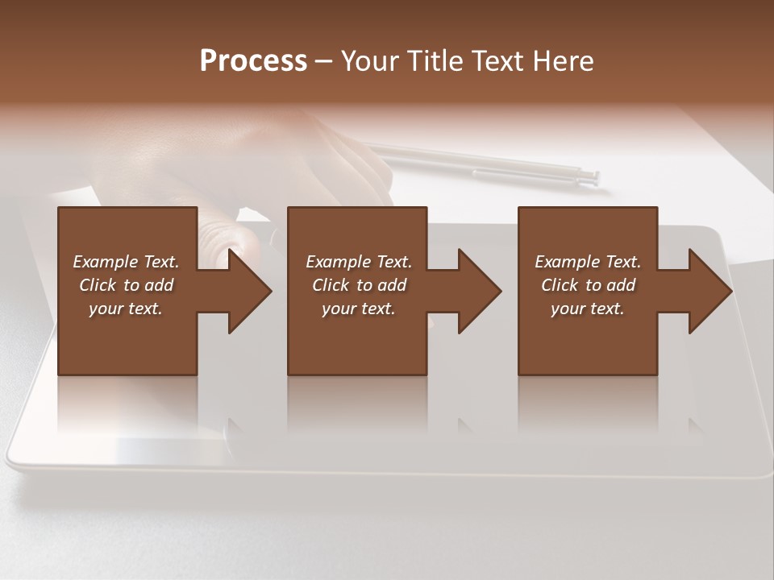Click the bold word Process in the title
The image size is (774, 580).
tap(253, 61)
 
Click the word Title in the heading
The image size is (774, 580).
tap(435, 61)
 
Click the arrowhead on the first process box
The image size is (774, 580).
tap(247, 291)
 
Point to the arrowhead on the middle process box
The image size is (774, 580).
tap(477, 291)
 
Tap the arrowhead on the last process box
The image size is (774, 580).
tap(708, 291)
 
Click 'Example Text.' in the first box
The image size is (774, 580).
tap(126, 262)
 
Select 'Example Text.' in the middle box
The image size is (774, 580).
tap(358, 262)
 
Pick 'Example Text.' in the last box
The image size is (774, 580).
tap(587, 262)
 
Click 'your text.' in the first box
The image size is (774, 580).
tap(126, 309)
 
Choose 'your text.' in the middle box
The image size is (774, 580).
tap(358, 309)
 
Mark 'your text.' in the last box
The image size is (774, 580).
tap(587, 309)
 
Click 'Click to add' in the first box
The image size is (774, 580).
tap(126, 285)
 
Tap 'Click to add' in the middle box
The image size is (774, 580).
tap(358, 285)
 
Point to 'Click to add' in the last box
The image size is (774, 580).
tap(587, 285)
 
